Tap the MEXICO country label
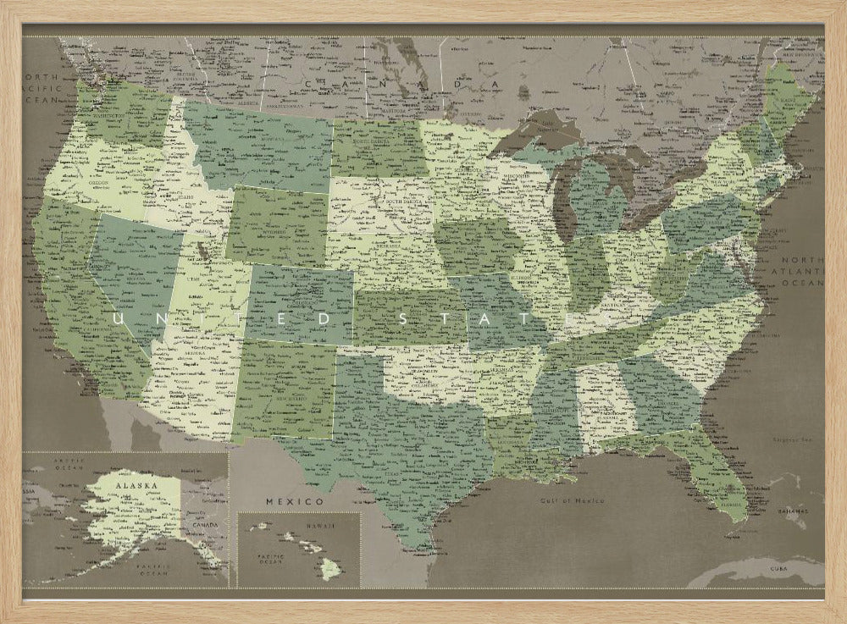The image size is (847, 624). click(x=295, y=502)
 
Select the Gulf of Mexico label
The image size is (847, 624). click(x=573, y=500)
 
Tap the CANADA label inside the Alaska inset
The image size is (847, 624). click(x=206, y=524)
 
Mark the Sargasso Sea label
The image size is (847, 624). click(x=792, y=439)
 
